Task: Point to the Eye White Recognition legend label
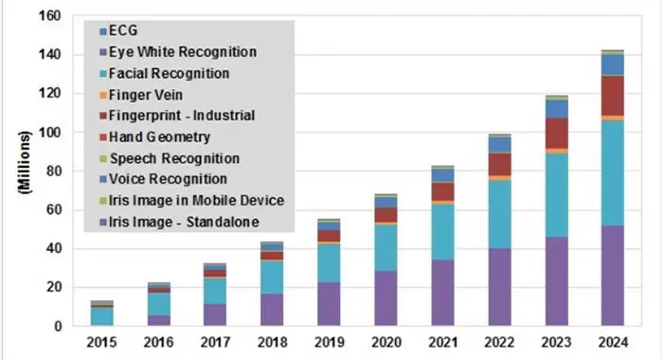pos(182,51)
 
